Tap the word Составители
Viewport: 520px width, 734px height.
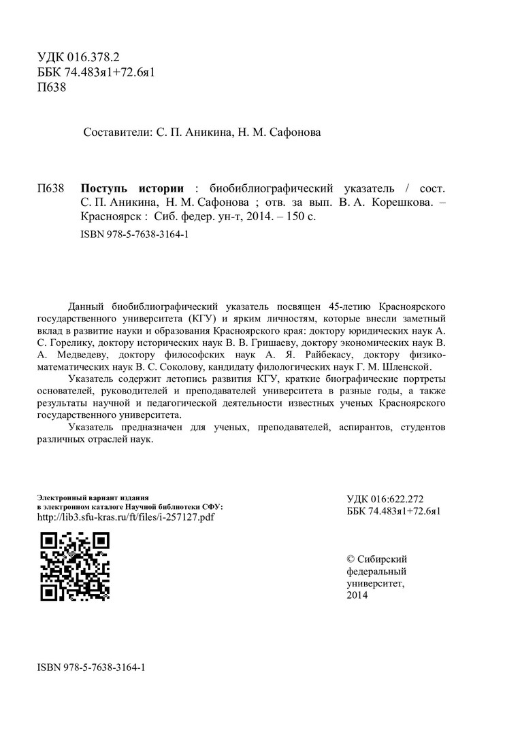pyautogui.click(x=112, y=133)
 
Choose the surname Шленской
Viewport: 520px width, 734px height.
pyautogui.click(x=403, y=368)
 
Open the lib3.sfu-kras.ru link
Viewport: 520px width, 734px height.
pyautogui.click(x=126, y=517)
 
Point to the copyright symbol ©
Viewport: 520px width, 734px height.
pyautogui.click(x=351, y=559)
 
